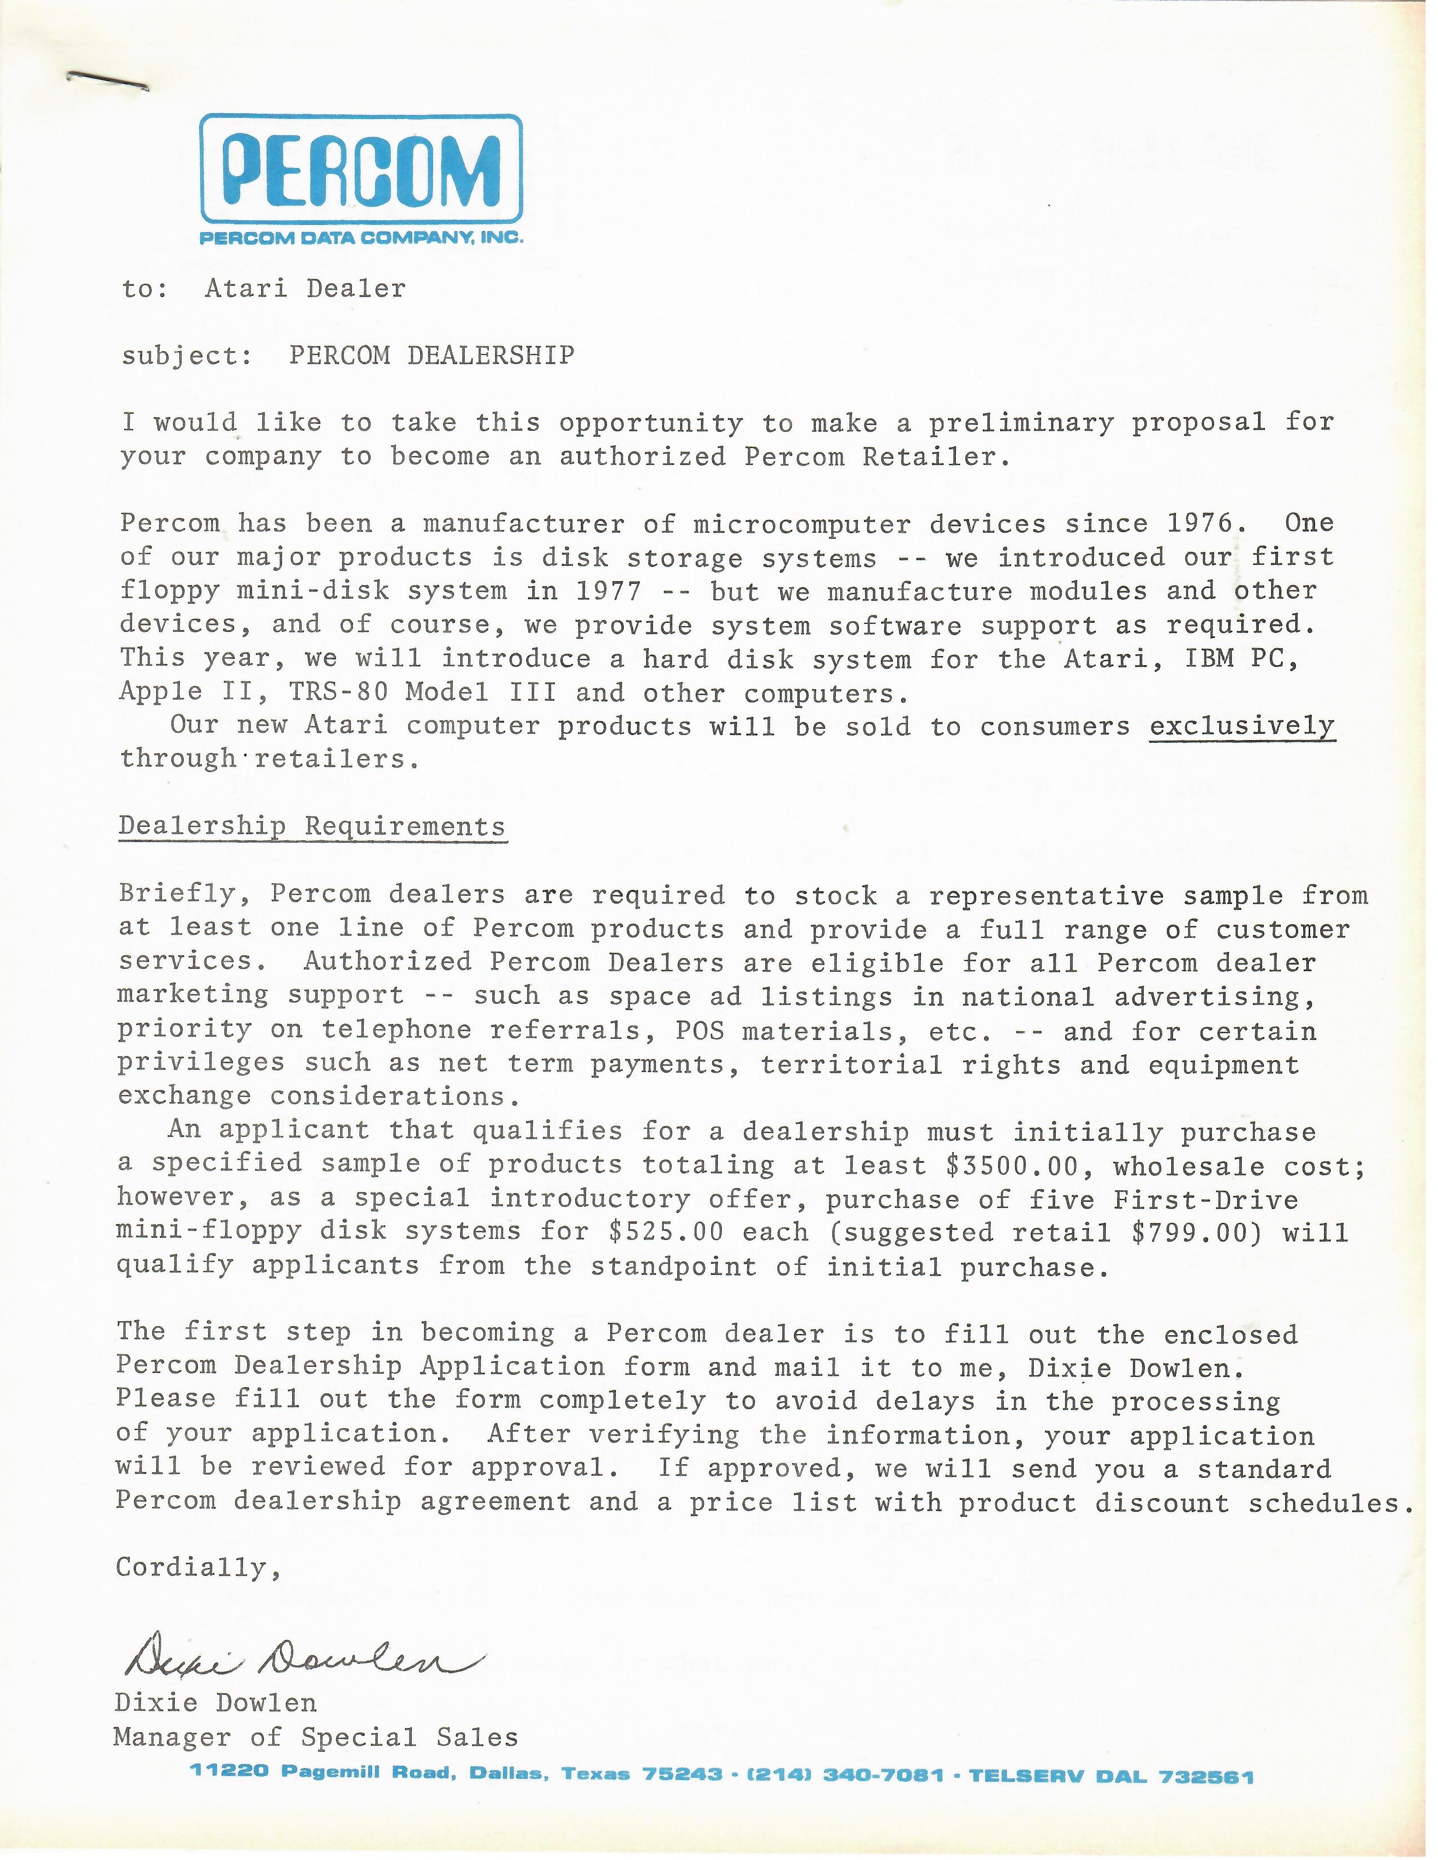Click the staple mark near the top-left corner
click(x=107, y=82)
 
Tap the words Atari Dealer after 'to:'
click(x=305, y=289)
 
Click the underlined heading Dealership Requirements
click(x=312, y=826)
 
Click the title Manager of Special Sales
click(x=315, y=1737)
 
